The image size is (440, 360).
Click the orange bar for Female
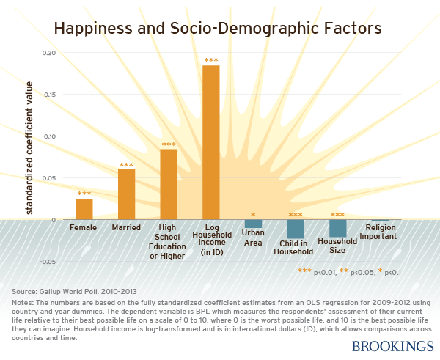tap(84, 209)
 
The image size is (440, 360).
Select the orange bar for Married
tap(126, 194)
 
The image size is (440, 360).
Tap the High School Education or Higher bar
tap(169, 184)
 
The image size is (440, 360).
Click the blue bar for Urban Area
tap(253, 224)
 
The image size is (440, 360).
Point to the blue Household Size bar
tap(337, 228)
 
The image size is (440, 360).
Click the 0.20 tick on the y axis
tap(48, 53)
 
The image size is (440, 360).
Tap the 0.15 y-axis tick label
tap(48, 95)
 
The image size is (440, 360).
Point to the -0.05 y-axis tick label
tap(46, 261)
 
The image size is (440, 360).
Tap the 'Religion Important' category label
tap(379, 232)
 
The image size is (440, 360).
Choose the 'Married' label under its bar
tap(126, 227)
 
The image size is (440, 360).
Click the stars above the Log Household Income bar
tap(211, 60)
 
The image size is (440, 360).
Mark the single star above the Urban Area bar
tap(253, 216)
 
